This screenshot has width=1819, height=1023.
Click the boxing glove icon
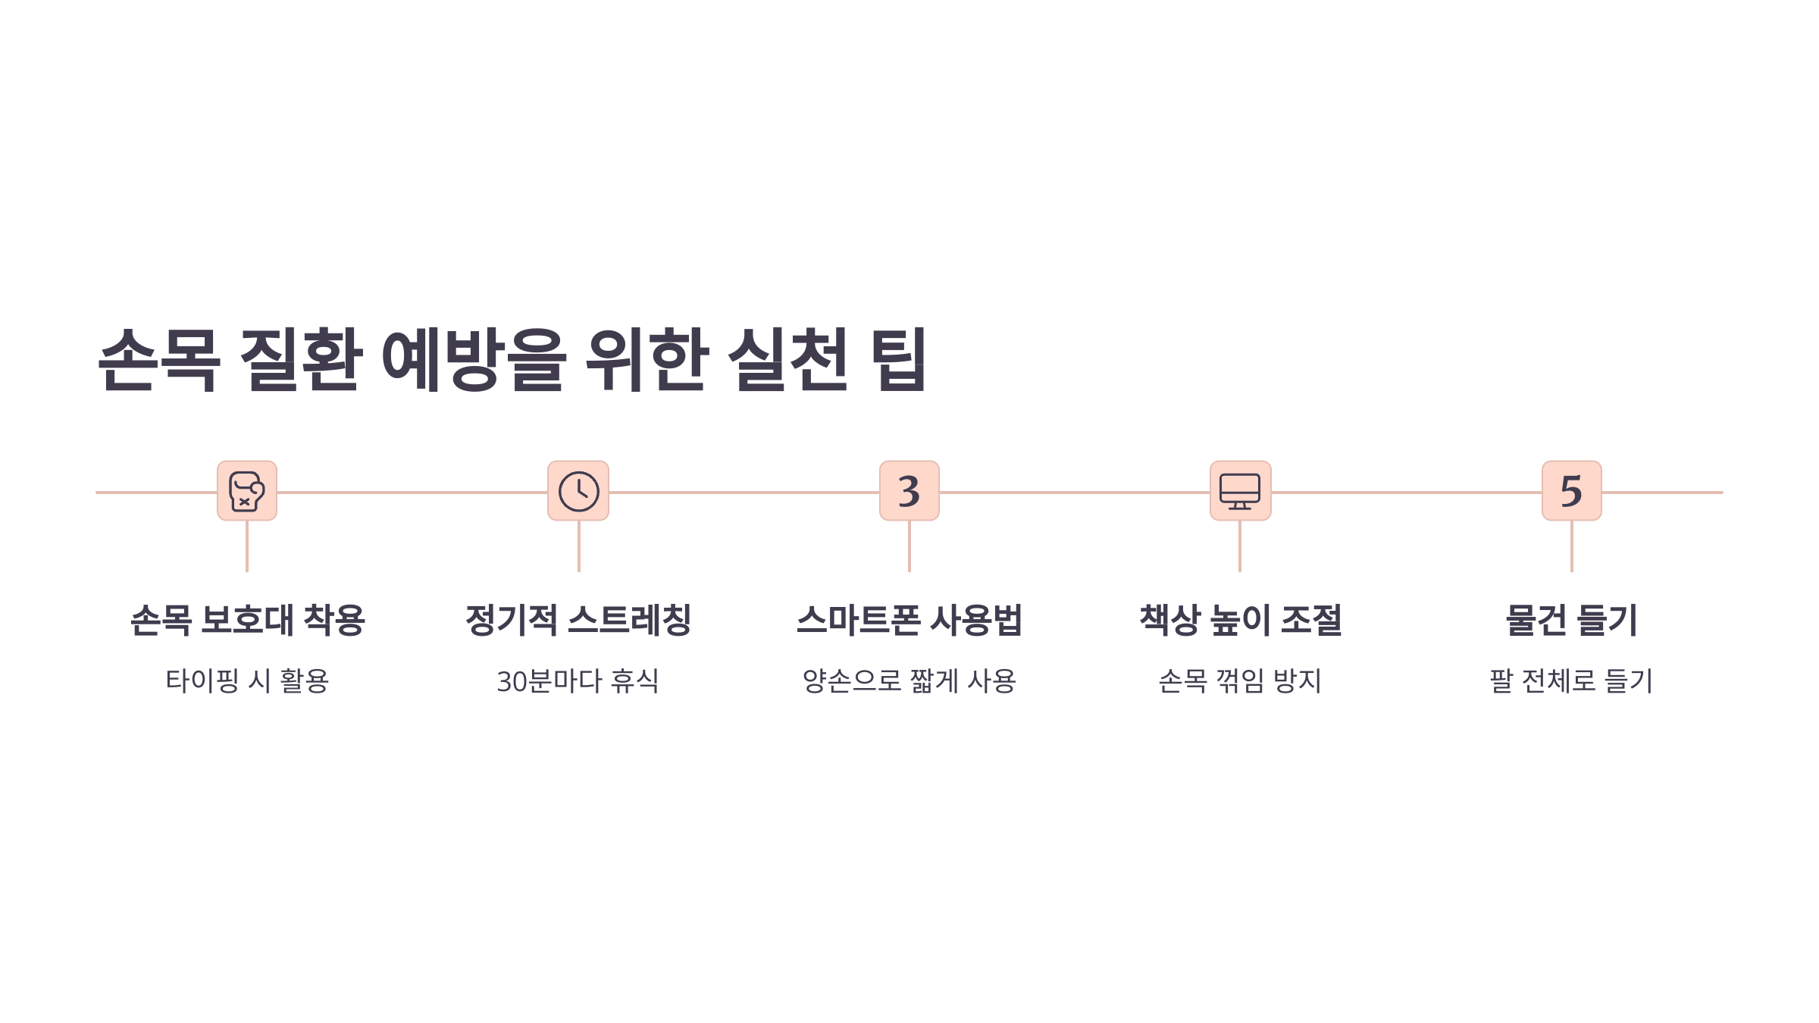247,491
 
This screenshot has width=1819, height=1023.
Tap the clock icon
578,491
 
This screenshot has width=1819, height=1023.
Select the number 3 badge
909,491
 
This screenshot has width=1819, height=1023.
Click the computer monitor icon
1240,491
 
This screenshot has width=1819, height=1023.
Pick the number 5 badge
1571,491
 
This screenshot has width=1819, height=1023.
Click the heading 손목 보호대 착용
247,620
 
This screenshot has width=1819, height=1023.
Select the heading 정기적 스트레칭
578,620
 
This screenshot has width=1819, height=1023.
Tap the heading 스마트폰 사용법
909,620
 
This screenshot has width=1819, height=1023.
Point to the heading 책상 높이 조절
1241,620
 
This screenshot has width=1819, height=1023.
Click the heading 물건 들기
1571,620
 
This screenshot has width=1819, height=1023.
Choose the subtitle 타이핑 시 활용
247,680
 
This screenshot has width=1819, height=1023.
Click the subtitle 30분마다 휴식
578,680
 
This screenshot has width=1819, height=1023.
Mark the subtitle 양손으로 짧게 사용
909,680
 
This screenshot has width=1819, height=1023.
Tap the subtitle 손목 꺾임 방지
1240,680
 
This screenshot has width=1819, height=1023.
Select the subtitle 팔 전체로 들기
1571,680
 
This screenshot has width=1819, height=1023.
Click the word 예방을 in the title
474,359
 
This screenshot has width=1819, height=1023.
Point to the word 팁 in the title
899,359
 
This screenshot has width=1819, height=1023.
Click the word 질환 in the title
300,359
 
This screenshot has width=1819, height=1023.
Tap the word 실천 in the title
787,359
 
